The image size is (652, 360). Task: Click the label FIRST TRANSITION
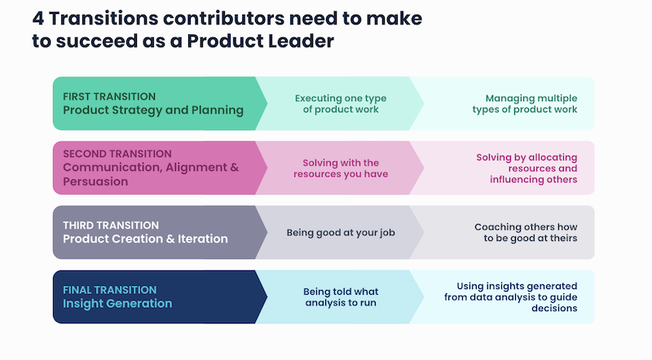[109, 96]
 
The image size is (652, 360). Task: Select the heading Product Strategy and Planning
[153, 111]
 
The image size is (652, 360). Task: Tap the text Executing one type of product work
[341, 103]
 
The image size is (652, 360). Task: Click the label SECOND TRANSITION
[117, 153]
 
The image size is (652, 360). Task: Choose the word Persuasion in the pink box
[95, 182]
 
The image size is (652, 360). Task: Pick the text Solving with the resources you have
[341, 168]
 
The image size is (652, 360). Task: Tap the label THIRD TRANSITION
[111, 225]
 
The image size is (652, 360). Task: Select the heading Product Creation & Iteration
[145, 239]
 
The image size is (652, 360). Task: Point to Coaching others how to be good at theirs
[526, 232]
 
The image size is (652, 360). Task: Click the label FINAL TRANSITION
[109, 289]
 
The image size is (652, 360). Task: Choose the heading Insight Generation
[117, 304]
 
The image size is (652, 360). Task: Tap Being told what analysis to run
[341, 296]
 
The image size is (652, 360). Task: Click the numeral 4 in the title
[38, 18]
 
